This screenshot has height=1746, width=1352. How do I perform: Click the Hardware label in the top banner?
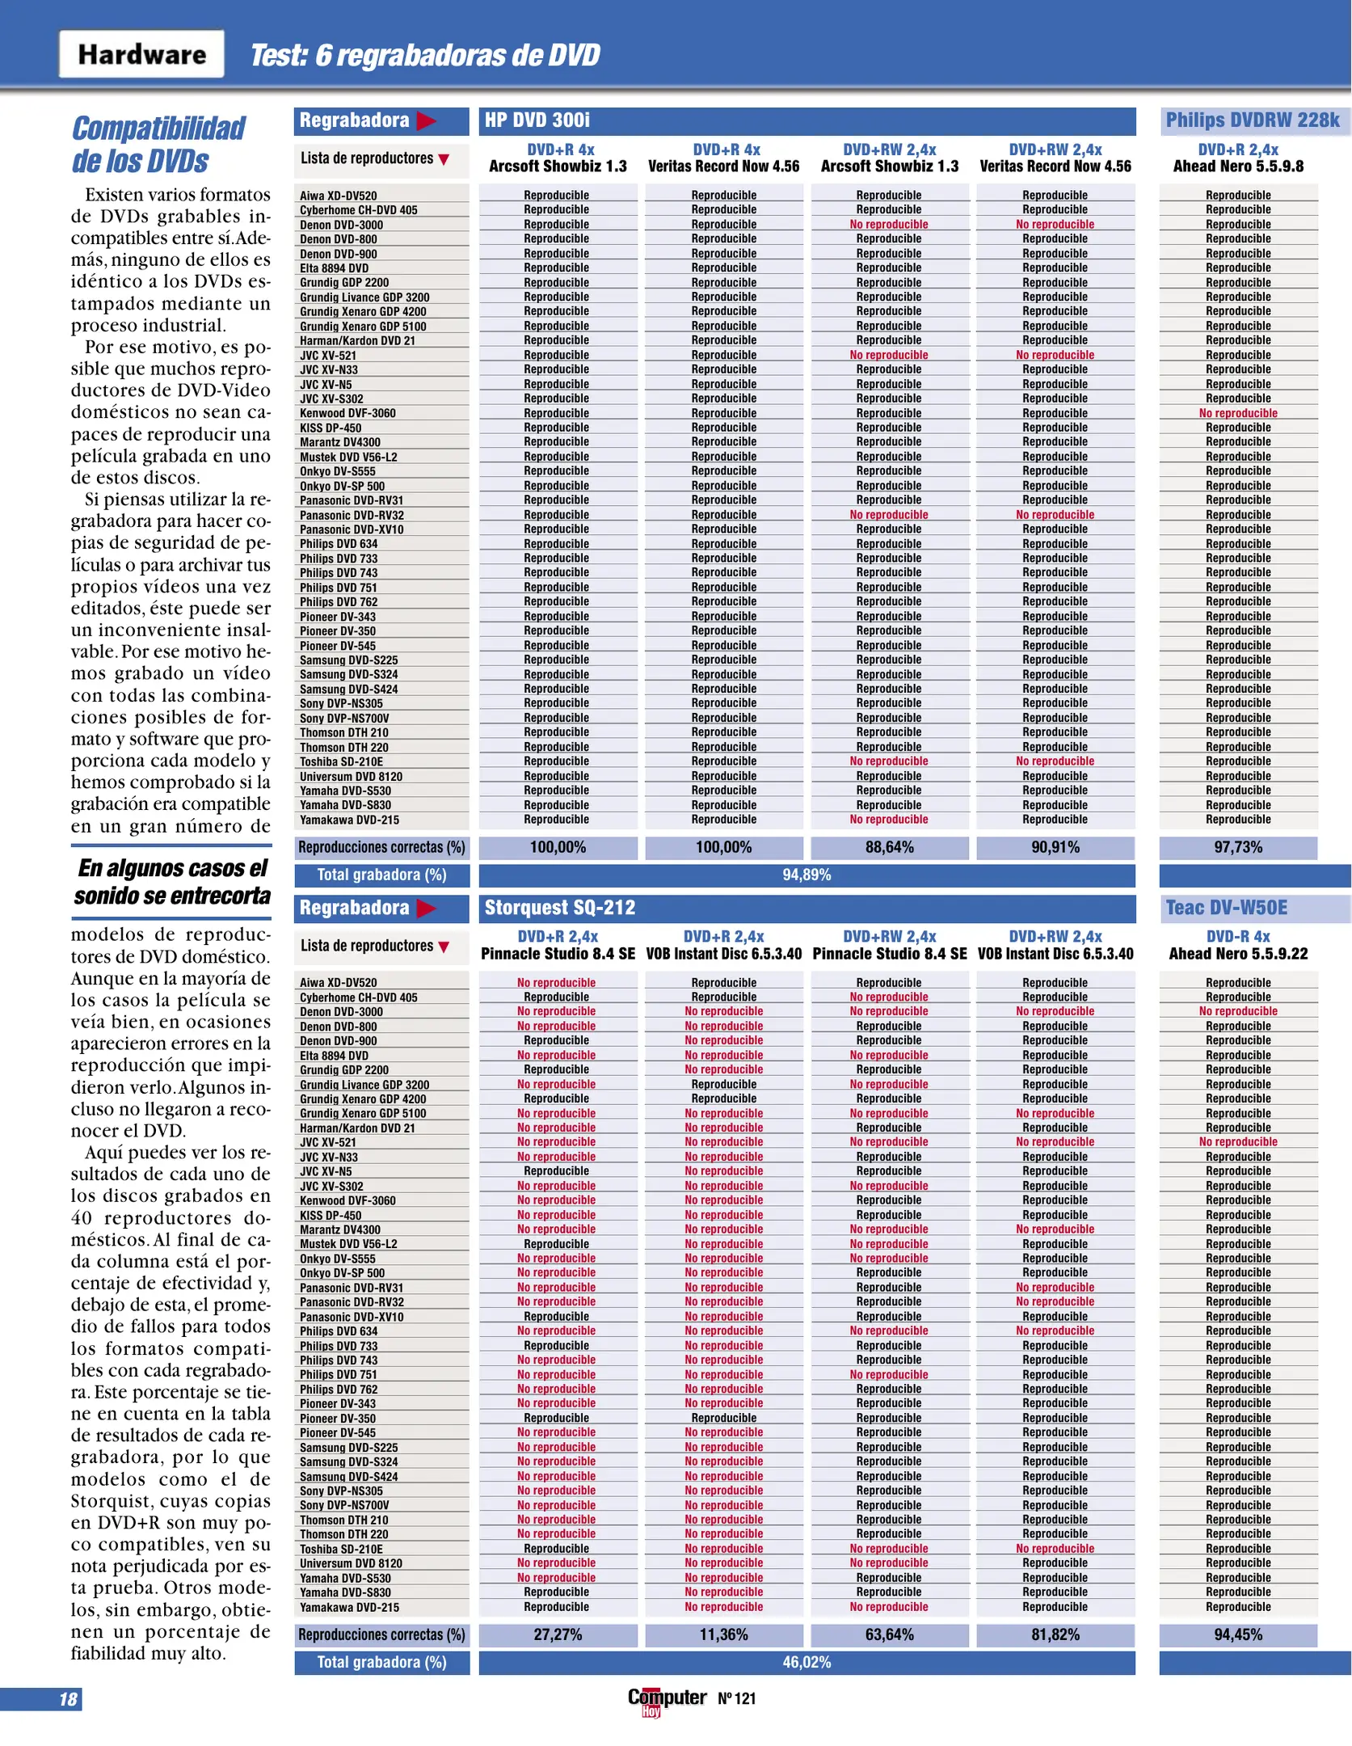coord(141,54)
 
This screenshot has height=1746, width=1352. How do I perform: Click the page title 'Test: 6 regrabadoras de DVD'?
coord(425,55)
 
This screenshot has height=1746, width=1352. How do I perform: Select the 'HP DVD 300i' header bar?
coord(807,120)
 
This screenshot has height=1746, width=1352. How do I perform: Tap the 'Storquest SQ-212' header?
coord(807,907)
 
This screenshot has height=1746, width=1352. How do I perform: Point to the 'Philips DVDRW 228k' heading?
coord(1252,120)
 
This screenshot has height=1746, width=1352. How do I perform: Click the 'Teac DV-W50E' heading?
coord(1226,907)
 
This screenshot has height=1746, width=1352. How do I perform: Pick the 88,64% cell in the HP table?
coord(889,847)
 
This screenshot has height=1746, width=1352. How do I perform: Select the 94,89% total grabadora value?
coord(807,875)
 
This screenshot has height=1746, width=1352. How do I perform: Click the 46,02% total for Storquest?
coord(807,1662)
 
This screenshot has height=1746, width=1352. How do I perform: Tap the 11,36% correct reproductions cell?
coord(723,1634)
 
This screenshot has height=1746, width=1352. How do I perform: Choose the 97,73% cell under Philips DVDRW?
coord(1238,847)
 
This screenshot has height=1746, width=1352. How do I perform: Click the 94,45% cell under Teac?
coord(1238,1634)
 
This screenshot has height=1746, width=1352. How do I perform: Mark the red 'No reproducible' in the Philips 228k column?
coord(1238,413)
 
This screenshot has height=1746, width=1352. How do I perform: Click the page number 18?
coord(68,1699)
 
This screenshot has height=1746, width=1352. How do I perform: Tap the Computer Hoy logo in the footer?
coord(667,1698)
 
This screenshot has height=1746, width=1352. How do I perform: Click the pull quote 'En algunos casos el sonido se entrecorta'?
coord(171,882)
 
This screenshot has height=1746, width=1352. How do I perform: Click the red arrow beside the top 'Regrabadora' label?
coord(426,121)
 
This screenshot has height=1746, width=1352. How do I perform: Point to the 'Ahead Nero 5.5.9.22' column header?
coord(1238,954)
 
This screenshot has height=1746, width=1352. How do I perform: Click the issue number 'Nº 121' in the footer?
coord(736,1698)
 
